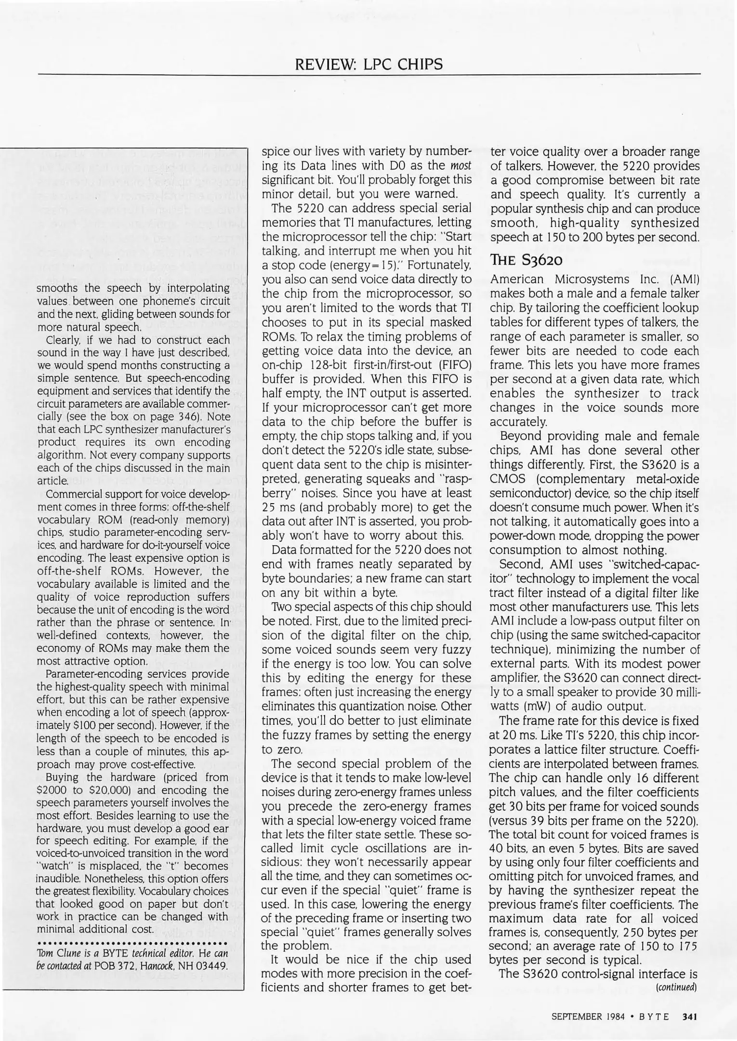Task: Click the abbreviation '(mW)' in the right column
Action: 525,707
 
